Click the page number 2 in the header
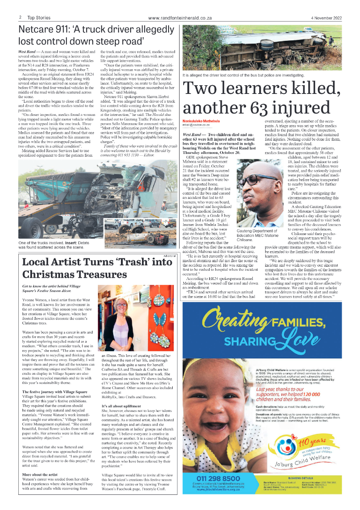pos(21,18)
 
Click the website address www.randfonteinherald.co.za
pos(180,18)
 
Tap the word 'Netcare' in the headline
pos(39,31)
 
